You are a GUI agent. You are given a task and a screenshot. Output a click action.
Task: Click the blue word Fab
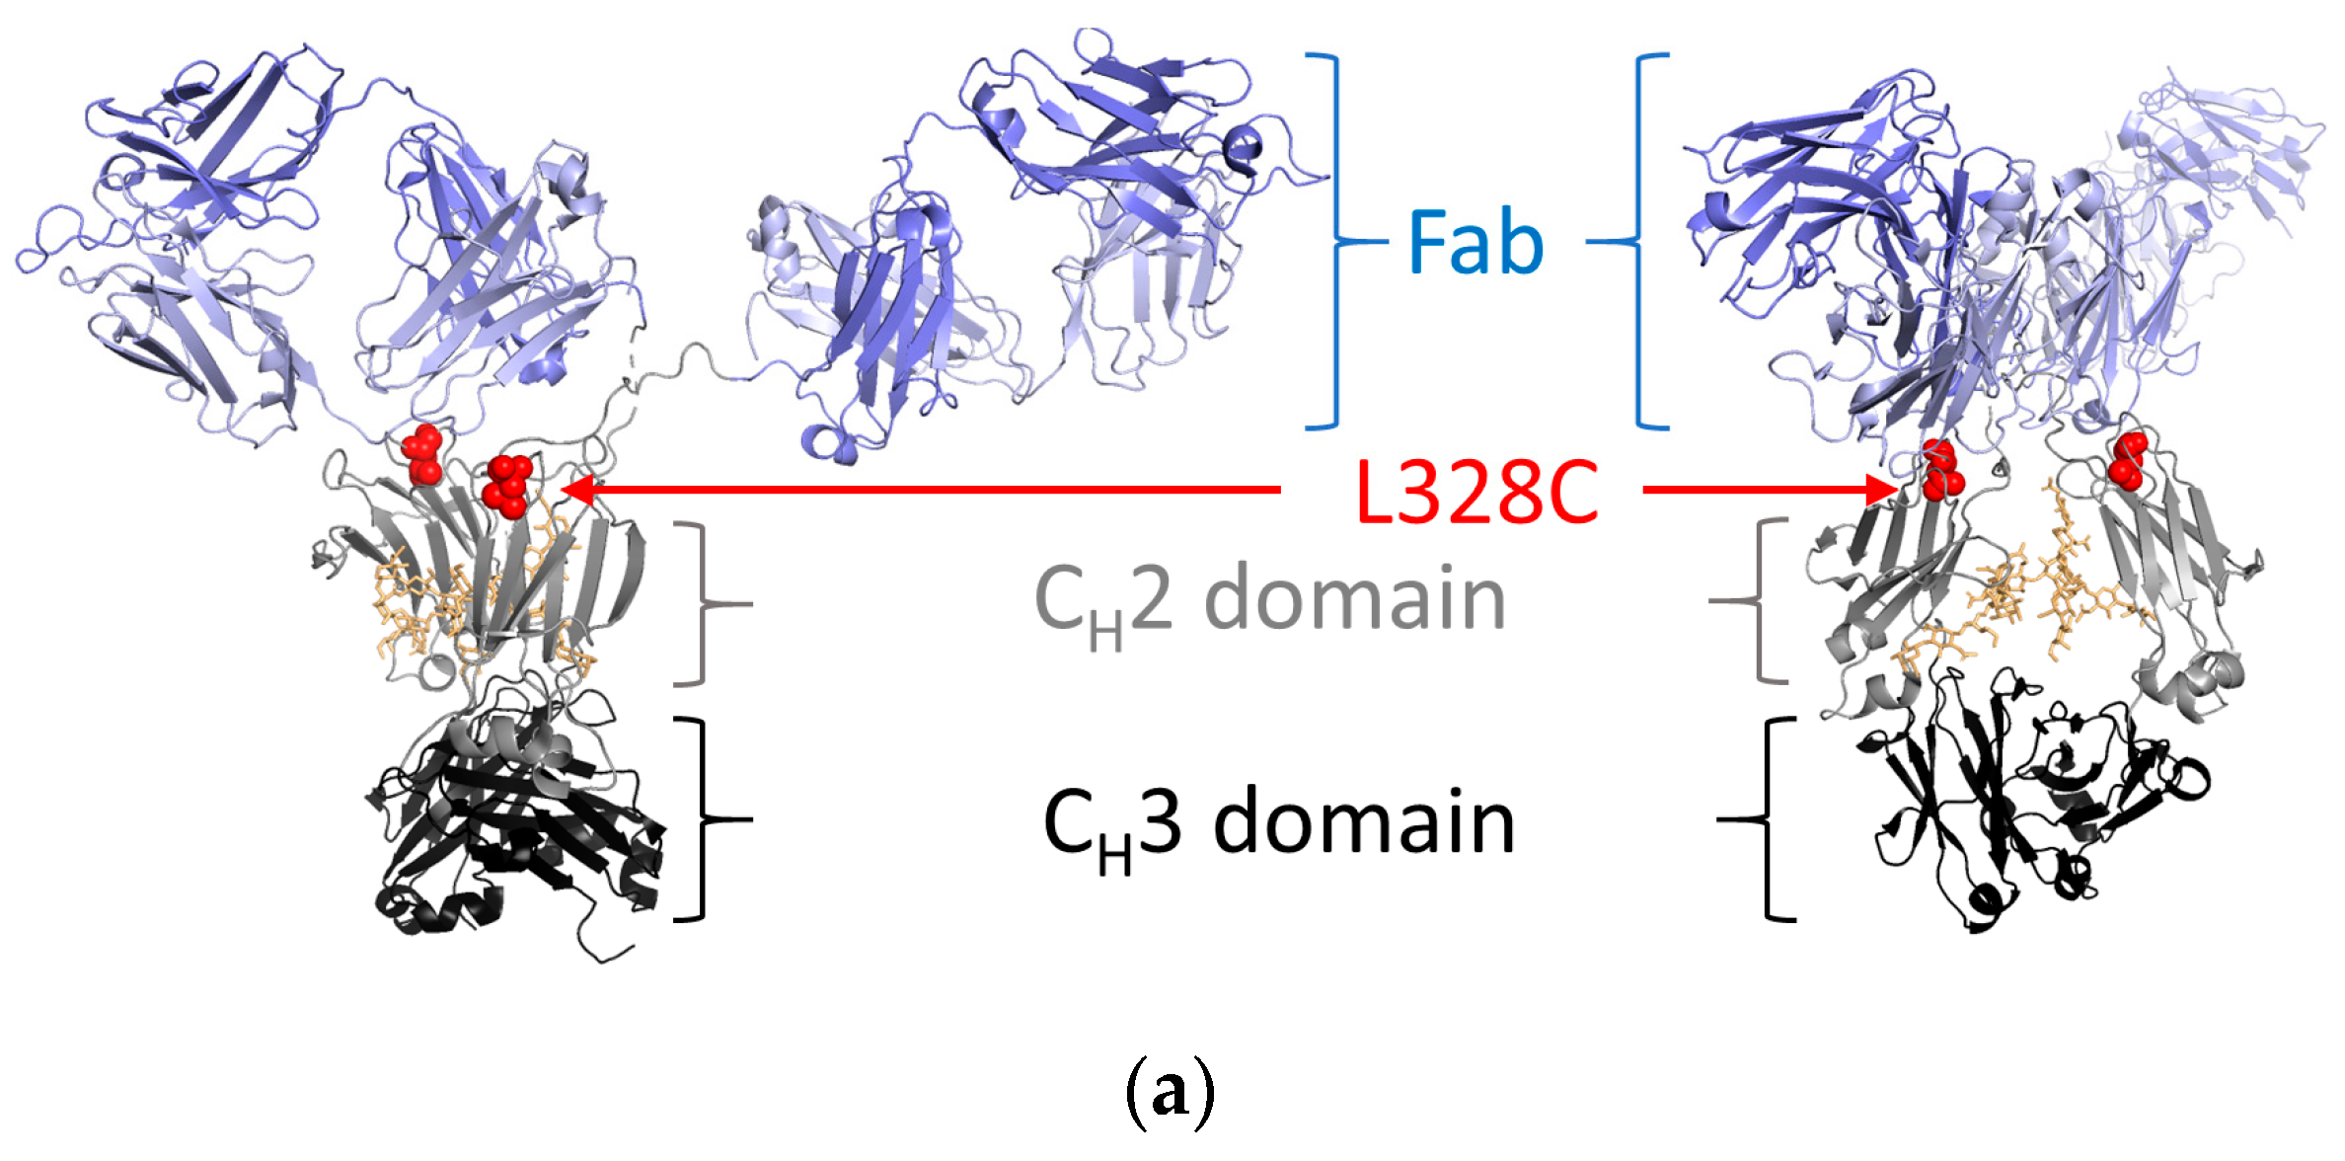coord(1475,242)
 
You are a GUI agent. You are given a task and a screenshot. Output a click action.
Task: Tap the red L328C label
coord(1476,492)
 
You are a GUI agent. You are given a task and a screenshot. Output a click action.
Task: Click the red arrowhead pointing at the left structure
coord(576,490)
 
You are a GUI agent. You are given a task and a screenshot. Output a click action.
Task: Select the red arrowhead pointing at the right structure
coord(1879,489)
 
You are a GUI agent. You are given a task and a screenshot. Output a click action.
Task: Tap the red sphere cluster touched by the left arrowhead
coord(508,486)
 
